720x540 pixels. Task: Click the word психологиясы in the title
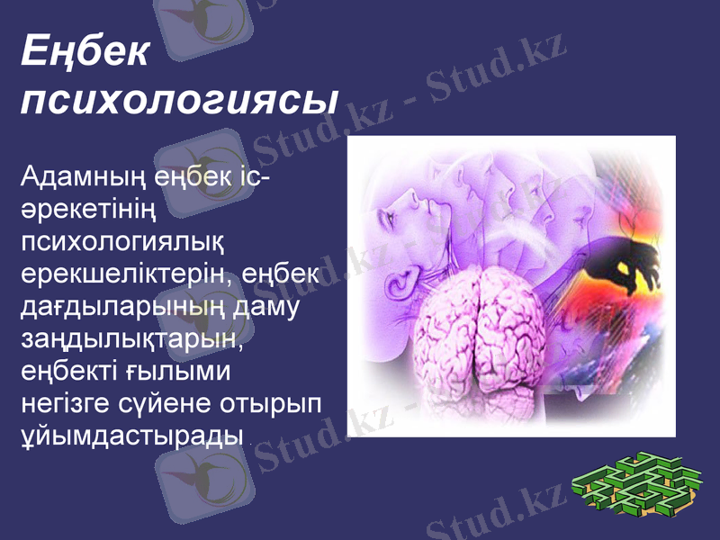pyautogui.click(x=178, y=99)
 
